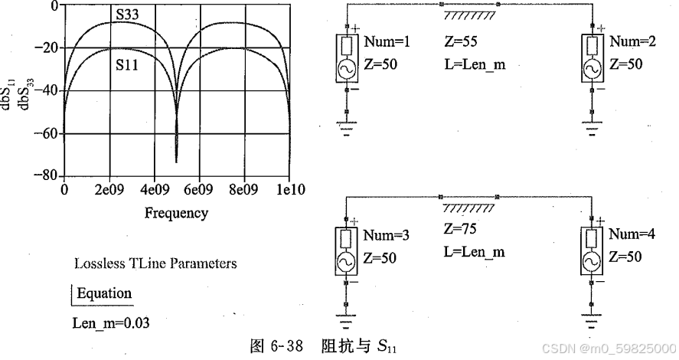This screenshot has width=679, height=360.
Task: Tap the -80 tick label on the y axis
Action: click(x=47, y=176)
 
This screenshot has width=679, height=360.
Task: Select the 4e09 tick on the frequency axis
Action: click(x=153, y=189)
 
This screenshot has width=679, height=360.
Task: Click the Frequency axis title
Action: click(x=176, y=213)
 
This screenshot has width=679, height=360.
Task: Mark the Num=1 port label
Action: click(x=387, y=42)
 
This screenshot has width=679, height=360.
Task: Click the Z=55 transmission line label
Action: click(x=461, y=42)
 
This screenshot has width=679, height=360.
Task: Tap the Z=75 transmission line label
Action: click(x=461, y=229)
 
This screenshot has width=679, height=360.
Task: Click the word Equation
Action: click(x=104, y=293)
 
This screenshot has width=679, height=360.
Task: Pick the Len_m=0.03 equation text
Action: click(x=110, y=322)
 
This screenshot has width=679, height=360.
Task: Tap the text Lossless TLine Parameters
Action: click(x=155, y=263)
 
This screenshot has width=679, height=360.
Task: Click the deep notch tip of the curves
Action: click(x=176, y=161)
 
